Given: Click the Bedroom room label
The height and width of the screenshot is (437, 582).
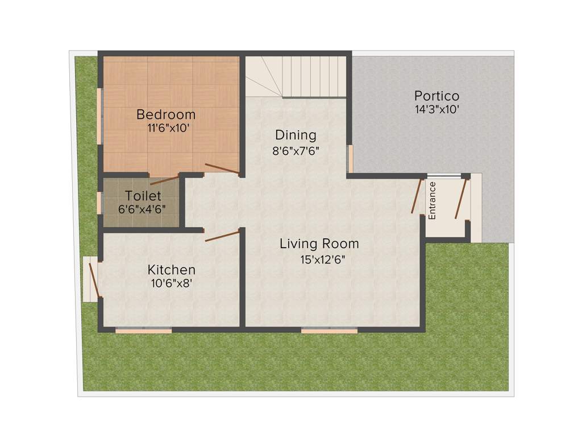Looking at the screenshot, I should (165, 114).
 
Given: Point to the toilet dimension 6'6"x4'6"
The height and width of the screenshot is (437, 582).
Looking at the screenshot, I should (142, 209).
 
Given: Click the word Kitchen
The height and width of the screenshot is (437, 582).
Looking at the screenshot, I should (171, 270).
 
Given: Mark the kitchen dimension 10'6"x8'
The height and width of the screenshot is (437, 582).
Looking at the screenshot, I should (171, 283).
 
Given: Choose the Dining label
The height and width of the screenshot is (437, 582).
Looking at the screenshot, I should (296, 135).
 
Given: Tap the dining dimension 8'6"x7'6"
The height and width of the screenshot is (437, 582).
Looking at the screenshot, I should (296, 151).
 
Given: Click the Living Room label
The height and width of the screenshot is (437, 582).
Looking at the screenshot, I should (319, 244).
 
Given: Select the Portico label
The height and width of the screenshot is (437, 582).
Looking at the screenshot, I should (436, 96).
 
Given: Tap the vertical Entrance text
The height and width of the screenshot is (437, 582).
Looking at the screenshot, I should (433, 200).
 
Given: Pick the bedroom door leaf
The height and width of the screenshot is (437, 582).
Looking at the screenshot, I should (222, 168).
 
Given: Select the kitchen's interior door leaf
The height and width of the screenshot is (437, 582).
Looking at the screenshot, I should (222, 236).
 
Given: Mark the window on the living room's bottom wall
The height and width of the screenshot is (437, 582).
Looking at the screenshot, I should (329, 330).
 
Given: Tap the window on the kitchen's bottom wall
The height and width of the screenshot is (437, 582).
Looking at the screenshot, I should (143, 330).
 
